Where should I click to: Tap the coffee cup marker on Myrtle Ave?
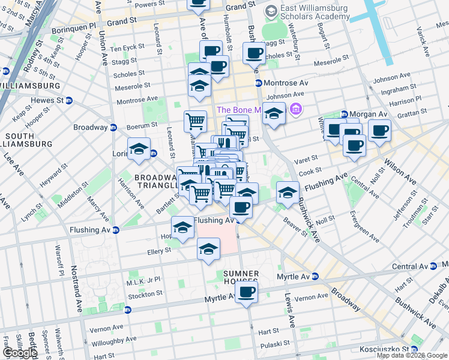coord(246,293)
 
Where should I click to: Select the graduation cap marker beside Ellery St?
coord(208,248)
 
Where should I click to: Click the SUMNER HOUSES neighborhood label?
coord(241,277)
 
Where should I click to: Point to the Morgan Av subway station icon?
coord(345,114)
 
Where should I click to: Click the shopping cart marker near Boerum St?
coord(195,121)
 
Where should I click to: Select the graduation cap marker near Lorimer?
coord(139,149)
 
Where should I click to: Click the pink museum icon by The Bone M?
coord(296,110)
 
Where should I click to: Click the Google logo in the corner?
coord(19,353)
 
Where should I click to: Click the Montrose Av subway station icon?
coord(258,83)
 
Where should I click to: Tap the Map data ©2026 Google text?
coord(412,355)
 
